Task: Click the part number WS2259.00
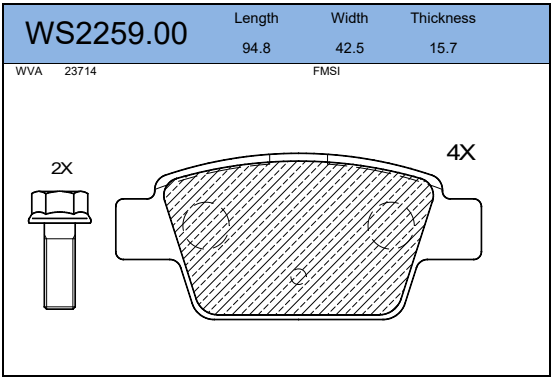point(106,33)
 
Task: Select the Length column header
point(256,18)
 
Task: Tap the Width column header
point(349,18)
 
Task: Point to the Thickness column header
point(443,18)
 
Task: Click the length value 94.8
point(256,48)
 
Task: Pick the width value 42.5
point(349,48)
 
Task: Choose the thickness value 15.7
point(443,48)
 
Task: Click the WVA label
point(29,71)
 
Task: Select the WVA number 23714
point(80,71)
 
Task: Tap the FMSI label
point(326,71)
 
